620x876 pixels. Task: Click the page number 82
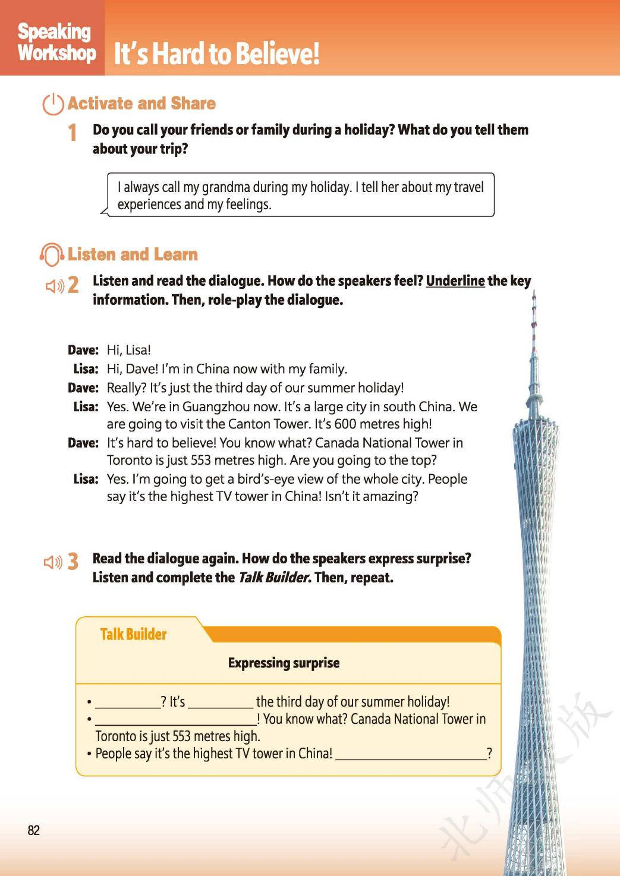pos(33,830)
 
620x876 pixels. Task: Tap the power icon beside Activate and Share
pos(53,104)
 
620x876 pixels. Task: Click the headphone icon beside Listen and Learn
pos(51,255)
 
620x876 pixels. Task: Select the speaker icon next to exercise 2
pos(55,286)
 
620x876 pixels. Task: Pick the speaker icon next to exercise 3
pos(53,562)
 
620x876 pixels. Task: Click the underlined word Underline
pos(455,281)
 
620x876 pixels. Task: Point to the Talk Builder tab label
pos(133,634)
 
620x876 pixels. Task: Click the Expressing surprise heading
pos(284,663)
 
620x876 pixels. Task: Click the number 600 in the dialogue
pos(345,424)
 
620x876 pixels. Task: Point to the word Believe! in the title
pos(277,53)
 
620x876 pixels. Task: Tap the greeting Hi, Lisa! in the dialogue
pos(128,350)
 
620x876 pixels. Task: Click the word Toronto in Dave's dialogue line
pos(127,460)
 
